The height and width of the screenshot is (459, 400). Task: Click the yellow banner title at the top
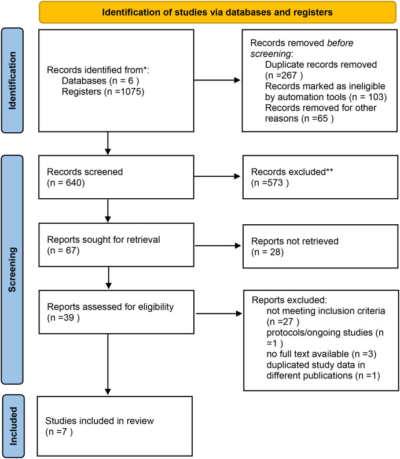[217, 12]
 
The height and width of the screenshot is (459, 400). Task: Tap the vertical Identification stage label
[12, 81]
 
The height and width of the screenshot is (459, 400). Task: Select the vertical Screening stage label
[12, 269]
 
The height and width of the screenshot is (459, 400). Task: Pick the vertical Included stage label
[13, 426]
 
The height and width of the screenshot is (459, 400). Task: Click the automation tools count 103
[377, 97]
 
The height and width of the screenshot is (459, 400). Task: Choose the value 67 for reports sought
[71, 251]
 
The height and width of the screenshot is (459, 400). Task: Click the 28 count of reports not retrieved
[276, 252]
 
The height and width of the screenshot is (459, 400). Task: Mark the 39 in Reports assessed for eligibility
[68, 318]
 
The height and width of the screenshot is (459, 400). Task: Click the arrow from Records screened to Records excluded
[217, 176]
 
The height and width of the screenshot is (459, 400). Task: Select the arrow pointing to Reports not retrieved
[218, 246]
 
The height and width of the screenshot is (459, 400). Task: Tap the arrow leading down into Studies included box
[108, 364]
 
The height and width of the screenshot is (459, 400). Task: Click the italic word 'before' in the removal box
[340, 43]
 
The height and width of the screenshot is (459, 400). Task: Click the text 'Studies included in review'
[100, 421]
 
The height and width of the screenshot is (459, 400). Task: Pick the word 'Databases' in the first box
[84, 81]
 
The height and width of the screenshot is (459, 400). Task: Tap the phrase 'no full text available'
[307, 354]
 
